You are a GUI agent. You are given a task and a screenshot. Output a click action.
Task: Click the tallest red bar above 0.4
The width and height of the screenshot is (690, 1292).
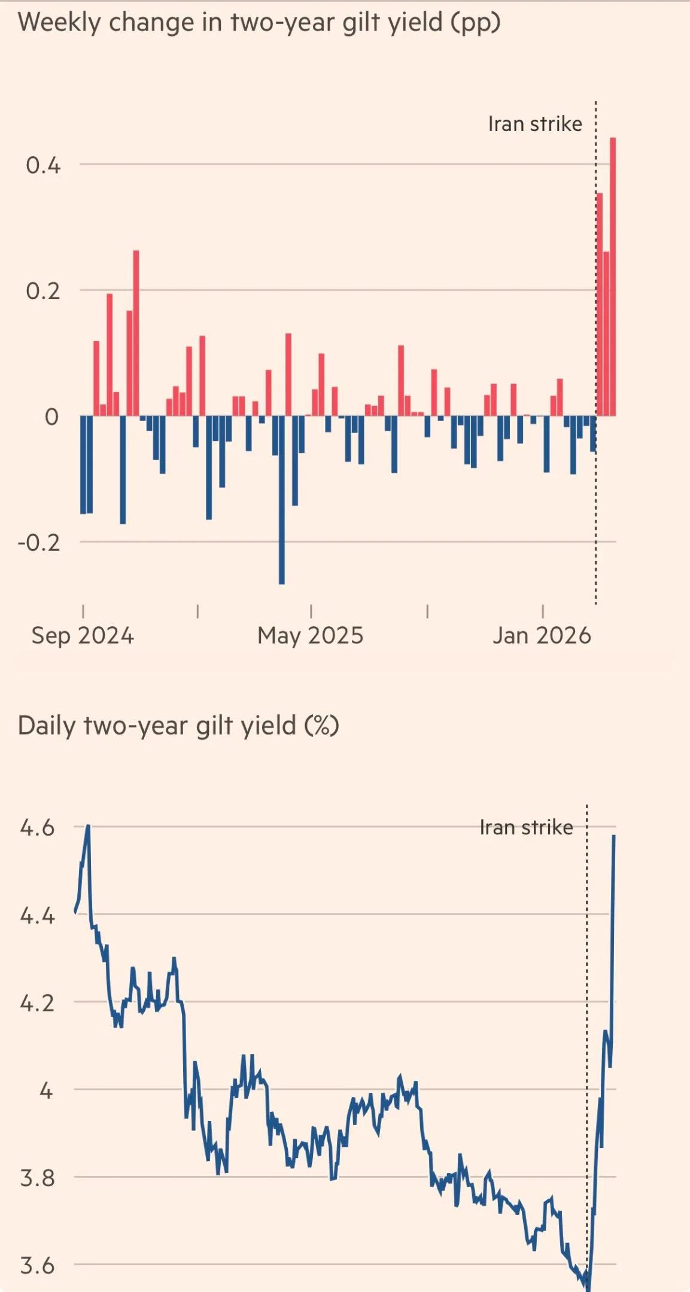[x=613, y=275]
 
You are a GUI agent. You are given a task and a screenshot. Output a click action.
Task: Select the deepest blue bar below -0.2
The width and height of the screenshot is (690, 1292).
[x=281, y=499]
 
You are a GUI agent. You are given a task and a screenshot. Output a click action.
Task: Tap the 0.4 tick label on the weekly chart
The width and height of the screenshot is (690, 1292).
[x=43, y=165]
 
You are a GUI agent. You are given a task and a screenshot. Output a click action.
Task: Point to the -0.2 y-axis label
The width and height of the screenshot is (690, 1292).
[x=39, y=543]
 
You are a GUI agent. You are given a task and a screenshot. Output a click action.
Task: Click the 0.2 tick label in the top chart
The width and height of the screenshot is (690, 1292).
[x=43, y=291]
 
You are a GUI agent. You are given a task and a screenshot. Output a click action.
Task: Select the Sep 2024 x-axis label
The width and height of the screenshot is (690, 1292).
[x=83, y=635]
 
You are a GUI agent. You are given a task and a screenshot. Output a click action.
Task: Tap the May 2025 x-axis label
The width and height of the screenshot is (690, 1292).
[x=310, y=635]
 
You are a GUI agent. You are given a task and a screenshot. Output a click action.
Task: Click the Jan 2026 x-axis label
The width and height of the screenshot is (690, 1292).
[x=542, y=635]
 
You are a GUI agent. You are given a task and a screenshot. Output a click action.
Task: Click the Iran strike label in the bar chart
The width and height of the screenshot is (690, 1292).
[x=535, y=124]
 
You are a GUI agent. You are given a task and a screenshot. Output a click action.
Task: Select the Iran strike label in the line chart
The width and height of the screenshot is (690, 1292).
[x=526, y=827]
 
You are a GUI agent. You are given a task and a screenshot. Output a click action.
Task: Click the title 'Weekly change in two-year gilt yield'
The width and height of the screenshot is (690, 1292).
[x=259, y=23]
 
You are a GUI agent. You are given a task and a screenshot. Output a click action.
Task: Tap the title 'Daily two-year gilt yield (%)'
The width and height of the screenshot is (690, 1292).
[x=178, y=726]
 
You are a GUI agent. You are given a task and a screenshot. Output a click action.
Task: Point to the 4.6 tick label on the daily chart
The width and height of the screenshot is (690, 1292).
[x=37, y=828]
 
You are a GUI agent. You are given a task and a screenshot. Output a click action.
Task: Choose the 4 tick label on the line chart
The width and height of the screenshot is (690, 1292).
[x=46, y=1091]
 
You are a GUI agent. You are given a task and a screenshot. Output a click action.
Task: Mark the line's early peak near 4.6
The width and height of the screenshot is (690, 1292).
[x=88, y=827]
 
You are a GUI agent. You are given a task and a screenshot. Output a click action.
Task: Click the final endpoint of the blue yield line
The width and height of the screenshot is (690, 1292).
[x=614, y=836]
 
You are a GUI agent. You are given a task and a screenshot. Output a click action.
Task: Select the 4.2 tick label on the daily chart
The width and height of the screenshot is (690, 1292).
[x=37, y=1003]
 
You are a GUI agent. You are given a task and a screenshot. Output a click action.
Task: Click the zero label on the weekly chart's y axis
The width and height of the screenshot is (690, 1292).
[x=51, y=417]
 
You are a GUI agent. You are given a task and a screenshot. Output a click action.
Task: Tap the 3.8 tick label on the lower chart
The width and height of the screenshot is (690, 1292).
[x=37, y=1178]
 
